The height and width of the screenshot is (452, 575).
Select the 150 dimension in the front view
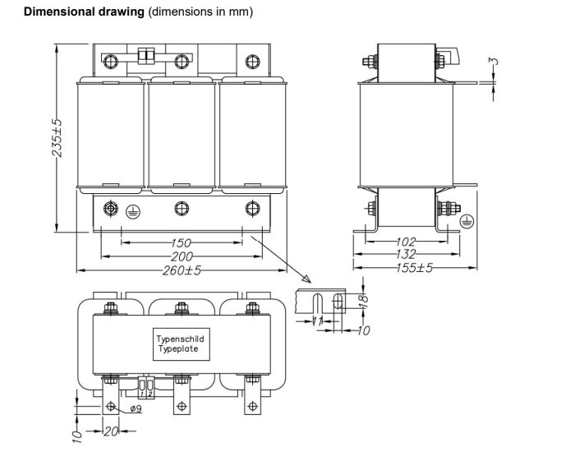click(x=182, y=243)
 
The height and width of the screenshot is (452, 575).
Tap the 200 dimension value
click(x=182, y=256)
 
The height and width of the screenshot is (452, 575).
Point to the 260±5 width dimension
click(x=182, y=270)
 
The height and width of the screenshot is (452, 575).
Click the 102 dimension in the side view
click(x=407, y=242)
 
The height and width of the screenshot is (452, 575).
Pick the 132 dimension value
click(x=407, y=254)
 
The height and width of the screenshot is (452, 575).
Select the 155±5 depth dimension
click(x=411, y=267)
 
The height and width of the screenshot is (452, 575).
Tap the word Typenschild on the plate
click(x=181, y=339)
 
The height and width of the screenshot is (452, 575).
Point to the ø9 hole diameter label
click(x=136, y=408)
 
